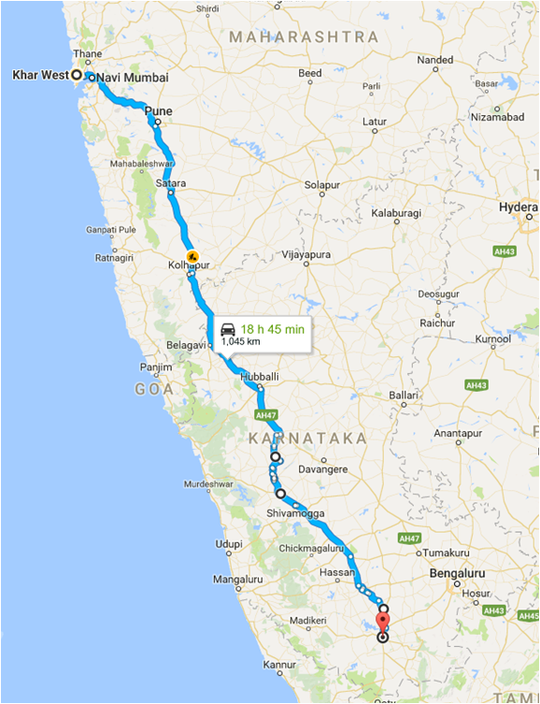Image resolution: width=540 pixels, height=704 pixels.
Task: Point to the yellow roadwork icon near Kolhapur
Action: (x=192, y=255)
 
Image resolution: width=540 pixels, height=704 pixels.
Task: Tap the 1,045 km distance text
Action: (x=240, y=342)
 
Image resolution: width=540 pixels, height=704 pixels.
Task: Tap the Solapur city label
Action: (x=321, y=186)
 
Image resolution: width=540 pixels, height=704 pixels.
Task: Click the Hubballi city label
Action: (x=259, y=378)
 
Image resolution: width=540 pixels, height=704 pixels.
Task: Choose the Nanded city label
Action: (x=434, y=60)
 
